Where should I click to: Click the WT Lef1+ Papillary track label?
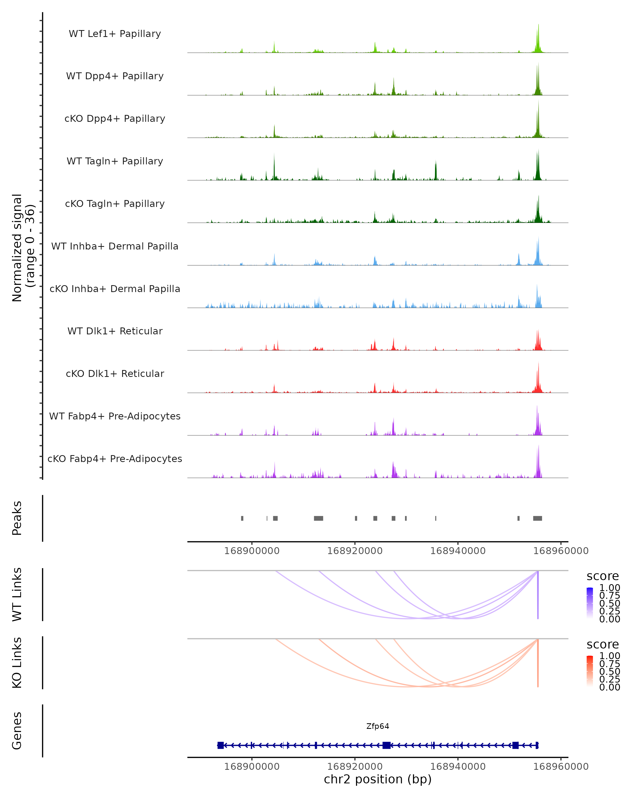pos(115,34)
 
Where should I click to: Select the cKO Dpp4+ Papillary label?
pos(115,119)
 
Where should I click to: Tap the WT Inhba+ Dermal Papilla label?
pos(115,247)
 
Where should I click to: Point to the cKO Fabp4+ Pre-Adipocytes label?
pos(115,459)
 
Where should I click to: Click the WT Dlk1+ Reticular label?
pos(115,331)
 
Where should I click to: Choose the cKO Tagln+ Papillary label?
pos(115,204)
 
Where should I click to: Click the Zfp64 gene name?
pos(378,726)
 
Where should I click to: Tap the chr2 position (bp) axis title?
pos(378,779)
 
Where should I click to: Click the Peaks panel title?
pos(17,518)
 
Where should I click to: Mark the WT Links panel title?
pos(17,595)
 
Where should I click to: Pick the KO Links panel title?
pos(17,663)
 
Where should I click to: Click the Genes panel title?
pos(17,731)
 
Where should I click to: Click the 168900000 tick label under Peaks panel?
pos(252,551)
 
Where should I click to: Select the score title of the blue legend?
pos(603,576)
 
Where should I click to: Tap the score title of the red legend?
pos(603,645)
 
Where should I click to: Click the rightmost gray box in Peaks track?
pos(538,518)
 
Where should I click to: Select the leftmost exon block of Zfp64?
pos(220,745)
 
